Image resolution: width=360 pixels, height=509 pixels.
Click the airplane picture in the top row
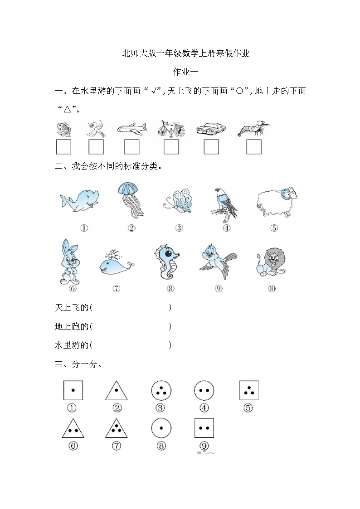click(131, 128)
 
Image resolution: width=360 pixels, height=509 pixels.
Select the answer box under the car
click(211, 147)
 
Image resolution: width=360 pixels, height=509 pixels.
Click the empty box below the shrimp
click(254, 147)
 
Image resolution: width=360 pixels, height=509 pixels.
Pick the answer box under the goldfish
click(63, 147)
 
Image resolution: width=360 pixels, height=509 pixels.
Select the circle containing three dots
click(160, 390)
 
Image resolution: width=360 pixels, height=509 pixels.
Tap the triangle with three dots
click(116, 428)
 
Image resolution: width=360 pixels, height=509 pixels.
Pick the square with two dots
click(204, 428)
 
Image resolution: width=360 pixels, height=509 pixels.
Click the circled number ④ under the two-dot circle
click(204, 408)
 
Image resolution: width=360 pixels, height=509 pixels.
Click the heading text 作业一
click(186, 72)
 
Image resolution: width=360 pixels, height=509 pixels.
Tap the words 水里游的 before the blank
click(72, 345)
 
